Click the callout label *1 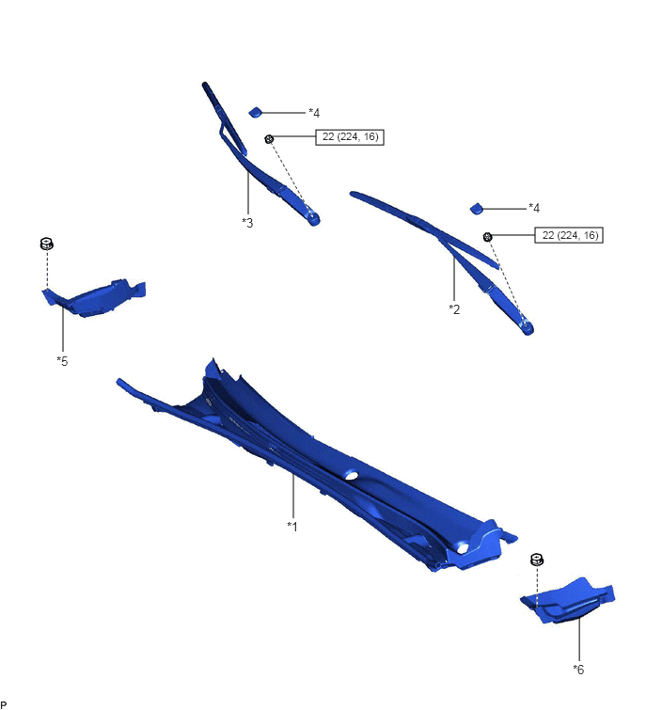pyautogui.click(x=292, y=527)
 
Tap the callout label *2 pyautogui.click(x=454, y=309)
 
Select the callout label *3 pyautogui.click(x=247, y=223)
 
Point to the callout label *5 pyautogui.click(x=62, y=361)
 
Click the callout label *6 pyautogui.click(x=578, y=669)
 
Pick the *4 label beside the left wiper pyautogui.click(x=314, y=113)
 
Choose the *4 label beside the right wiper pyautogui.click(x=534, y=208)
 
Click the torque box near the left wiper pyautogui.click(x=350, y=136)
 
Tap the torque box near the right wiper pyautogui.click(x=569, y=235)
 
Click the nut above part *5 pyautogui.click(x=47, y=244)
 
